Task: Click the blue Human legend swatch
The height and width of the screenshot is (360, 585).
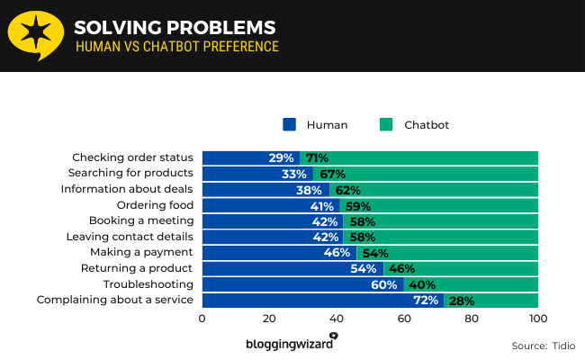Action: (x=290, y=125)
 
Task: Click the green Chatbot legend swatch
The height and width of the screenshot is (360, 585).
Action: (x=387, y=125)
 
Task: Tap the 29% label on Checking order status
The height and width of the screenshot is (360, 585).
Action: (x=282, y=157)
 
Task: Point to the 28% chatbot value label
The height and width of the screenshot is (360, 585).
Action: (x=461, y=301)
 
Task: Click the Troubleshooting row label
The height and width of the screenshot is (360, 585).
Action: (x=148, y=284)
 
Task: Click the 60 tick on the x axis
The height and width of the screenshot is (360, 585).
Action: (x=404, y=319)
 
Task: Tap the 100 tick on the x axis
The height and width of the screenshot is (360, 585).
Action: (x=538, y=319)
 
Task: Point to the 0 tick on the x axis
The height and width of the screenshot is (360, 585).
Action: (x=202, y=319)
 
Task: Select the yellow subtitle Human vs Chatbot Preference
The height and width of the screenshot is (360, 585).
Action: (x=176, y=47)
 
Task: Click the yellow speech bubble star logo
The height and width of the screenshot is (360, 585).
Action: (x=34, y=35)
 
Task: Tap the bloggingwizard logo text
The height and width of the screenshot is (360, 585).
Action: (x=287, y=343)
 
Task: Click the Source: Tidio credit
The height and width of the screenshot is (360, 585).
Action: (x=543, y=346)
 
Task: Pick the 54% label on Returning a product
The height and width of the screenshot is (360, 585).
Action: (x=364, y=269)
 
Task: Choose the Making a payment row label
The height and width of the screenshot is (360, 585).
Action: (x=141, y=253)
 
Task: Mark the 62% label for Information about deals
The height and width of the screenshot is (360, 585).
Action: (x=347, y=190)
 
